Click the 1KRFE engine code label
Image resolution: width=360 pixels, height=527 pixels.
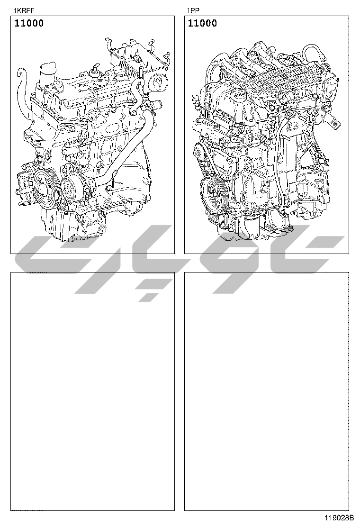(x=24, y=10)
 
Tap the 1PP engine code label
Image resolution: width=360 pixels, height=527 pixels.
(x=193, y=10)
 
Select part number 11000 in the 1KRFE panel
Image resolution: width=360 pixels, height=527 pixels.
(x=29, y=23)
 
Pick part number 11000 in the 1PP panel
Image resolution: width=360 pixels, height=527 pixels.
(x=202, y=23)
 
